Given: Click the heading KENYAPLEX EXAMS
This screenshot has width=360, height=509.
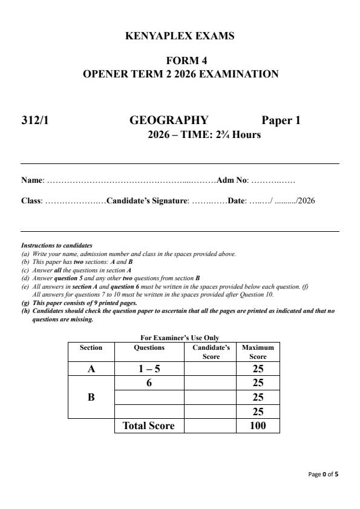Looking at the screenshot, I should point(180,36).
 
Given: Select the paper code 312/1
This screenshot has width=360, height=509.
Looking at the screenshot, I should point(35,120).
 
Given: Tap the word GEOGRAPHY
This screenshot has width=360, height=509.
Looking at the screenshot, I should point(169,120).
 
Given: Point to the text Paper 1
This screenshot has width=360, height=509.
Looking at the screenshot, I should point(281,120).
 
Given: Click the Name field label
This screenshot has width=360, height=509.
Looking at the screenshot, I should point(32,180).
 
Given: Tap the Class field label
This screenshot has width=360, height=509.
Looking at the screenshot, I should point(31,201).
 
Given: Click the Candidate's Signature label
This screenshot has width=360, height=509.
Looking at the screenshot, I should point(148,201).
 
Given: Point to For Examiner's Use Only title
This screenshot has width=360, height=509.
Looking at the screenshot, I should point(179,338).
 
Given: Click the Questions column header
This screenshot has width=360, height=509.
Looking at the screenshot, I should point(149,347).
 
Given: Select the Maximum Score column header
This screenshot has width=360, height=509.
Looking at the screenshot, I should point(258,352).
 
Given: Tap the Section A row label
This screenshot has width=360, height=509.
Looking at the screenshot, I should point(91,368).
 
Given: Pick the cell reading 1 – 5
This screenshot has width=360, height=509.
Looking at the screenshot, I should point(149,368).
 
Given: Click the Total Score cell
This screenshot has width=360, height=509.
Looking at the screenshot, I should point(149,425).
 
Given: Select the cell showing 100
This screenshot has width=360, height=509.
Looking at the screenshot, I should point(258,425).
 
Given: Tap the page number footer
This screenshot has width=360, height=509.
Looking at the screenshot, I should point(323,474).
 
